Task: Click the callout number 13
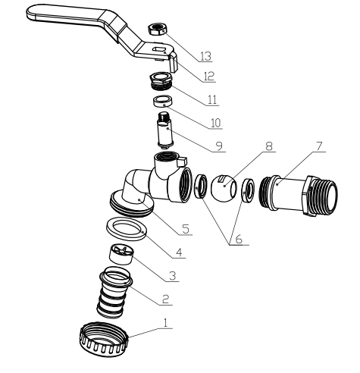[205, 56]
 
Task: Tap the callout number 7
[319, 146]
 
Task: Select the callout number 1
[165, 323]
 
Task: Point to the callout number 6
[239, 239]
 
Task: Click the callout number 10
[216, 123]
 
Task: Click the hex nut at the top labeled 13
[157, 29]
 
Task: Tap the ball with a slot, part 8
[224, 187]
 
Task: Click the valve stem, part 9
[166, 130]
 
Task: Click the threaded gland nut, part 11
[161, 80]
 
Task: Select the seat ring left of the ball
[201, 186]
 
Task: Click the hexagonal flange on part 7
[311, 196]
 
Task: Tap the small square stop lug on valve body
[182, 161]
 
